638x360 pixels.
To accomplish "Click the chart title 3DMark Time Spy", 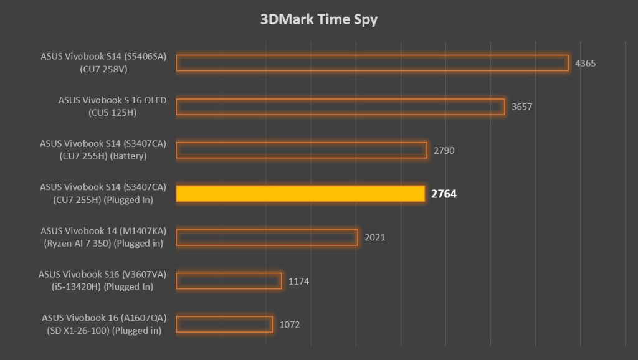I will [x=318, y=19].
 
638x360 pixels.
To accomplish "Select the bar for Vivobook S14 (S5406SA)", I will [x=372, y=63].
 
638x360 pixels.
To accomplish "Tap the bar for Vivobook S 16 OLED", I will [x=340, y=107].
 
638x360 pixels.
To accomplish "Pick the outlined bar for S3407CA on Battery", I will [x=302, y=150].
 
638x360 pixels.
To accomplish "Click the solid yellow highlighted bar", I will [x=300, y=194].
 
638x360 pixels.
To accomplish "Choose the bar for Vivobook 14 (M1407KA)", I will [x=267, y=237].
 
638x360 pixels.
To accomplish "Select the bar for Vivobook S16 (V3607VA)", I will [x=229, y=281].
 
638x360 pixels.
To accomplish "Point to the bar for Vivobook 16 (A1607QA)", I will [x=224, y=324].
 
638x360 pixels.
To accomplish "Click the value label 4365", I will [x=586, y=63].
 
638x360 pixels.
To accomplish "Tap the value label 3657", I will [x=521, y=107].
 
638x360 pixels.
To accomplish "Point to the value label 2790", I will [x=444, y=150].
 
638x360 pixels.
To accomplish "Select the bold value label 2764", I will [x=444, y=194].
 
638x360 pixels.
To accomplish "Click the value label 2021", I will [x=374, y=237].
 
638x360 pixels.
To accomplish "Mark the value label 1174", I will [x=298, y=281].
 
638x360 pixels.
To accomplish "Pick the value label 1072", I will [x=290, y=324].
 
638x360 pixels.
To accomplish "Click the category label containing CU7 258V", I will [x=103, y=63].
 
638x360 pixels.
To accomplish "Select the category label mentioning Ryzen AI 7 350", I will [x=103, y=237].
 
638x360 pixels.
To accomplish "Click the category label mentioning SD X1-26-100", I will [x=103, y=324].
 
